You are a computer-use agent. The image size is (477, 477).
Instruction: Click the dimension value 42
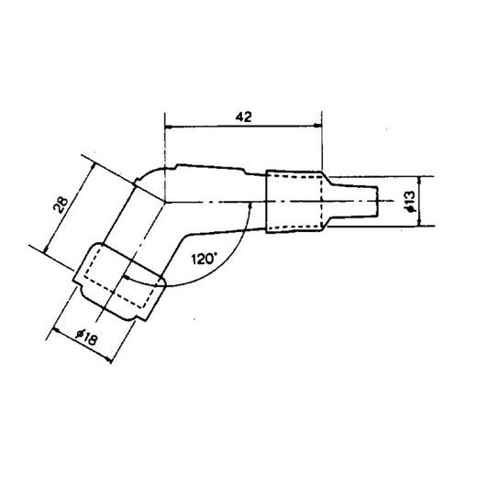pyautogui.click(x=243, y=116)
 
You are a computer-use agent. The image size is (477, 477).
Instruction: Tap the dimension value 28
pyautogui.click(x=61, y=205)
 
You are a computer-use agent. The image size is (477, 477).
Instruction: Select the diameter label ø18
pyautogui.click(x=87, y=338)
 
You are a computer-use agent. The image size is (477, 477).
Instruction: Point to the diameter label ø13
pyautogui.click(x=410, y=201)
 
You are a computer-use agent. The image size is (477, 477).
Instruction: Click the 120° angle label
pyautogui.click(x=204, y=260)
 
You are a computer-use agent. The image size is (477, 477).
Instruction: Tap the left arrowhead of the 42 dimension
pyautogui.click(x=168, y=126)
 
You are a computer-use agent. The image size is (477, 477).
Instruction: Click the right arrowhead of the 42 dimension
pyautogui.click(x=318, y=126)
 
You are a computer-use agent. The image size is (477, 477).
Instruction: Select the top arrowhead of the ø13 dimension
pyautogui.click(x=419, y=180)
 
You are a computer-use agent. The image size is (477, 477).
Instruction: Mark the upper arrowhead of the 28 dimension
pyautogui.click(x=93, y=167)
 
